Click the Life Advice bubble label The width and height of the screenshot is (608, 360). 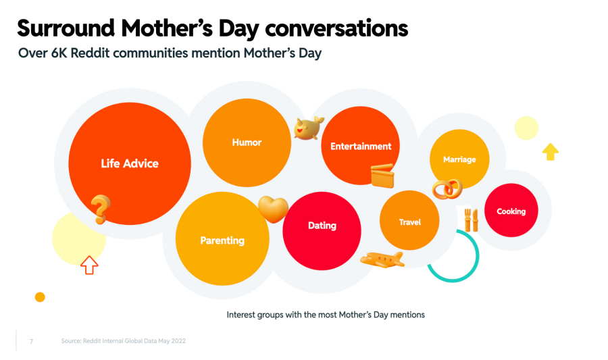click(x=130, y=163)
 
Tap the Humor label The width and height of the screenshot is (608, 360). click(x=247, y=143)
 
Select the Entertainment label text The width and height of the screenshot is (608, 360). click(x=361, y=147)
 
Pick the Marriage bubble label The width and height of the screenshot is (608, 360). click(x=459, y=159)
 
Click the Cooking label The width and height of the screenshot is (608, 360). click(x=511, y=211)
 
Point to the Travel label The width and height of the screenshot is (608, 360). click(x=410, y=222)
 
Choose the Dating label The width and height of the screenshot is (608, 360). click(x=322, y=226)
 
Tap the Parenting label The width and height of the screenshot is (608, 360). click(x=222, y=240)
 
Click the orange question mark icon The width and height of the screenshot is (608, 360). click(x=101, y=209)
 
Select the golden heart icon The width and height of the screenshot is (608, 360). click(x=273, y=209)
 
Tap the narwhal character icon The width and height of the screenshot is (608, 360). click(x=308, y=128)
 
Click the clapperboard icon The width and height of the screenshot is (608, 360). click(x=382, y=176)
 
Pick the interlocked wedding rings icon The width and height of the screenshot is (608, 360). click(x=447, y=188)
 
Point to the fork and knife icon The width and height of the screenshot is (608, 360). click(x=471, y=220)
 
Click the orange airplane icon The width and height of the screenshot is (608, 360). click(x=382, y=259)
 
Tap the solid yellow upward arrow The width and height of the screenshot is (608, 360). click(x=550, y=151)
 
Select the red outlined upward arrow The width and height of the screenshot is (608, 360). click(x=89, y=265)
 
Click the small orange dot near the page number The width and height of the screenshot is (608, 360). click(x=40, y=297)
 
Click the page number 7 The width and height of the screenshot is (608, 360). click(x=31, y=341)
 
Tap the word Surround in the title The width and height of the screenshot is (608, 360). click(x=66, y=28)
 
